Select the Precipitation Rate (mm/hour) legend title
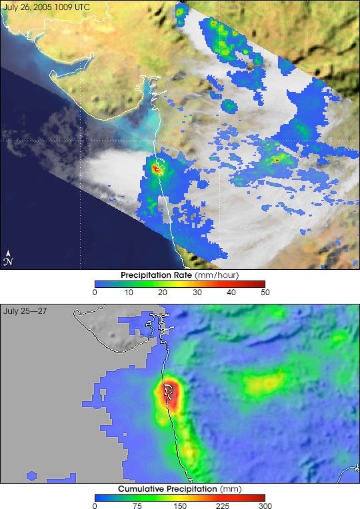[x=179, y=274]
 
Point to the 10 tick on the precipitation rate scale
[x=129, y=292]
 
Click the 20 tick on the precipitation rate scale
[x=163, y=292]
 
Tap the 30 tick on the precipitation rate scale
[x=197, y=292]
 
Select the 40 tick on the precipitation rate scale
[x=231, y=292]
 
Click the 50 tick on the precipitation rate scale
[x=264, y=292]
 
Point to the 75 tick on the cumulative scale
[x=137, y=506]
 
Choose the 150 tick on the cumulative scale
[x=179, y=506]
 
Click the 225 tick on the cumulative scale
[x=221, y=506]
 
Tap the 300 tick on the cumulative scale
[x=264, y=506]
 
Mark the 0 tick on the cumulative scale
[x=95, y=506]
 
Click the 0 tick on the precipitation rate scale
[x=95, y=292]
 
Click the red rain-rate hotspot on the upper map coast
[x=157, y=169]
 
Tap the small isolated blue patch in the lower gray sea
[x=31, y=475]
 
